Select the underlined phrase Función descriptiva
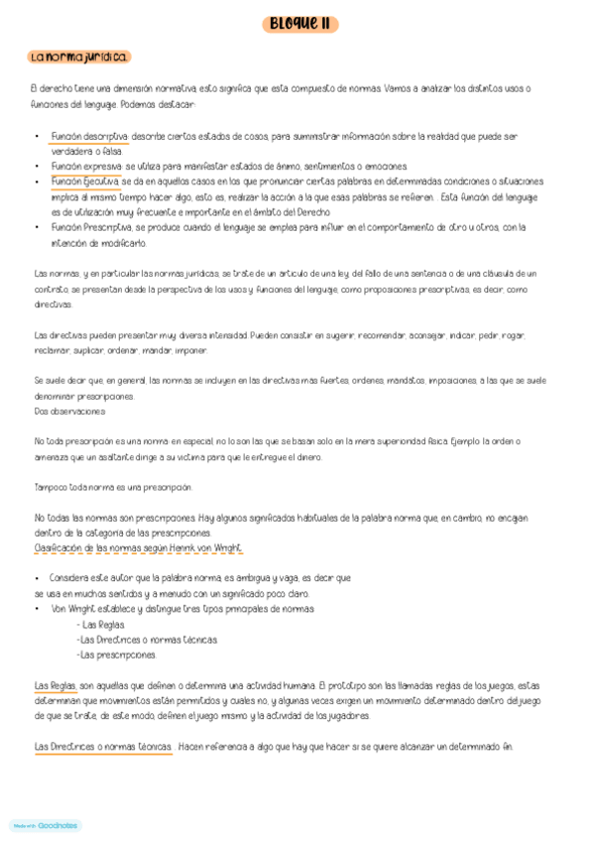pyautogui.click(x=89, y=137)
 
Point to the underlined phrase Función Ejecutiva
pyautogui.click(x=86, y=181)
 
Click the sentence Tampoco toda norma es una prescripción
pyautogui.click(x=113, y=487)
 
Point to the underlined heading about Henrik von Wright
pyautogui.click(x=138, y=547)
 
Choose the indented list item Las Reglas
pyautogui.click(x=100, y=624)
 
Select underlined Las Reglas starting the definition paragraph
pyautogui.click(x=56, y=685)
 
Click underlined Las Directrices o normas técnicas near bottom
pyautogui.click(x=103, y=746)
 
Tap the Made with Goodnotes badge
pyautogui.click(x=45, y=825)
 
